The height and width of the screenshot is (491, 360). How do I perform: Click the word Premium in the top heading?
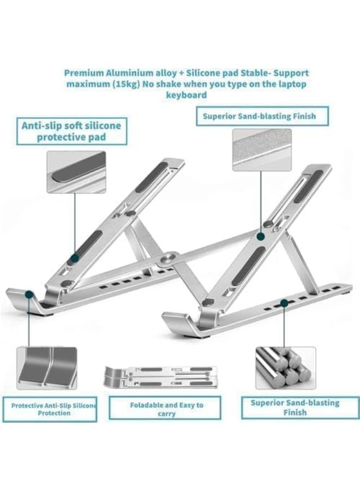(x=83, y=73)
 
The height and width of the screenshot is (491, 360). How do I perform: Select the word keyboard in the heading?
(x=187, y=95)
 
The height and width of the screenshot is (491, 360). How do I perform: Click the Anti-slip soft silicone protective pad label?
(x=71, y=131)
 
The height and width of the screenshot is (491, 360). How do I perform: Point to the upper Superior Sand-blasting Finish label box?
(x=263, y=116)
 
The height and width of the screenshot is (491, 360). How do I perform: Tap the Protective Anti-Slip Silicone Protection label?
(x=53, y=409)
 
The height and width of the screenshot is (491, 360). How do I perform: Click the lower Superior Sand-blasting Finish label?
(x=295, y=408)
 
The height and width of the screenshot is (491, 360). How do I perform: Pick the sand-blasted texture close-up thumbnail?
(x=261, y=150)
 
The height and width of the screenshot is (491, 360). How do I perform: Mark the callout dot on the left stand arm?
(x=75, y=256)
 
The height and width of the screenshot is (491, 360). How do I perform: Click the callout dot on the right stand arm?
(x=261, y=237)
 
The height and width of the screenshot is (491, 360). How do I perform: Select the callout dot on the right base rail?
(x=284, y=301)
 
